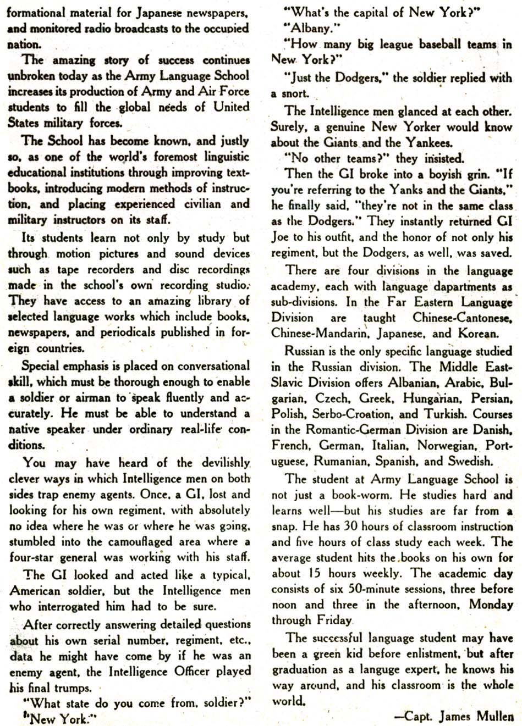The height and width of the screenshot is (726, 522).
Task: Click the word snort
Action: click(x=296, y=94)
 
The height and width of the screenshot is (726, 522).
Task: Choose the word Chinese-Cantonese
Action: click(x=462, y=318)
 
